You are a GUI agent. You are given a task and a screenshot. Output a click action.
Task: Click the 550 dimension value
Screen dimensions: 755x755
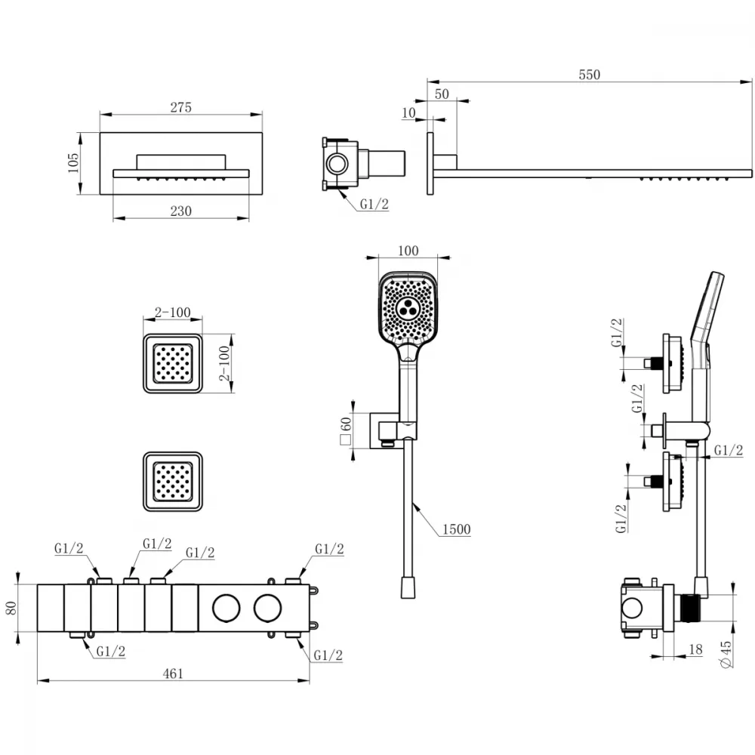click(x=590, y=75)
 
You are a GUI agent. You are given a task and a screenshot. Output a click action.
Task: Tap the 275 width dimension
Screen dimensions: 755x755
click(x=181, y=107)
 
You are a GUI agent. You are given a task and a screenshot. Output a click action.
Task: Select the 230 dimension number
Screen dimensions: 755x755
click(x=181, y=211)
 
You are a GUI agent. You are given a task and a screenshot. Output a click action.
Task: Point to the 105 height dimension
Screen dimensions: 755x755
click(x=73, y=163)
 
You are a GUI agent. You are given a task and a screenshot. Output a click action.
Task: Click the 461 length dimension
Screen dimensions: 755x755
click(x=173, y=673)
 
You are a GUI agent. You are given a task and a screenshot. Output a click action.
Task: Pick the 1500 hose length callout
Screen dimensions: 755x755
click(x=457, y=529)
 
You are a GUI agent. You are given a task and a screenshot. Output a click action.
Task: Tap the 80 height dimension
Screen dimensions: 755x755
click(x=11, y=608)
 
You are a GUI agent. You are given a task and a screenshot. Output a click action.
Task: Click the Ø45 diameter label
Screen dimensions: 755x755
click(x=726, y=654)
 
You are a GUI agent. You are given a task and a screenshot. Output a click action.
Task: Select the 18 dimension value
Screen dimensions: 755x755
click(x=695, y=649)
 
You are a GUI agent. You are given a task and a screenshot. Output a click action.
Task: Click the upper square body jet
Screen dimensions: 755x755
click(x=172, y=364)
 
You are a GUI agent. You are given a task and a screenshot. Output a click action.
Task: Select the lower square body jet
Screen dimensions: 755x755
click(x=172, y=482)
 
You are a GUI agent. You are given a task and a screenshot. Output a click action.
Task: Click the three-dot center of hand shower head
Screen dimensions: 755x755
click(x=408, y=307)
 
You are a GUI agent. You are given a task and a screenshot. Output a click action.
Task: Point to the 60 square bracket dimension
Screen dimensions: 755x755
click(x=346, y=430)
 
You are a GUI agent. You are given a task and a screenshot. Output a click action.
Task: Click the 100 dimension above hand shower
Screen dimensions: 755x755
click(x=408, y=251)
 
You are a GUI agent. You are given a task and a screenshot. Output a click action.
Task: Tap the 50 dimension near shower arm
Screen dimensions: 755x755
click(x=442, y=94)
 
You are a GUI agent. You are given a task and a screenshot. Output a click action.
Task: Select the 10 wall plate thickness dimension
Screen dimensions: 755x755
click(x=408, y=112)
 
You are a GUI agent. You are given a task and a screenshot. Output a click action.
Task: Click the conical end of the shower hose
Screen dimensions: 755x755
click(x=408, y=588)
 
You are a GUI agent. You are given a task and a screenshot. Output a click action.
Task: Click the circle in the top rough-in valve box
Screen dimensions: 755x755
click(x=336, y=163)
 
